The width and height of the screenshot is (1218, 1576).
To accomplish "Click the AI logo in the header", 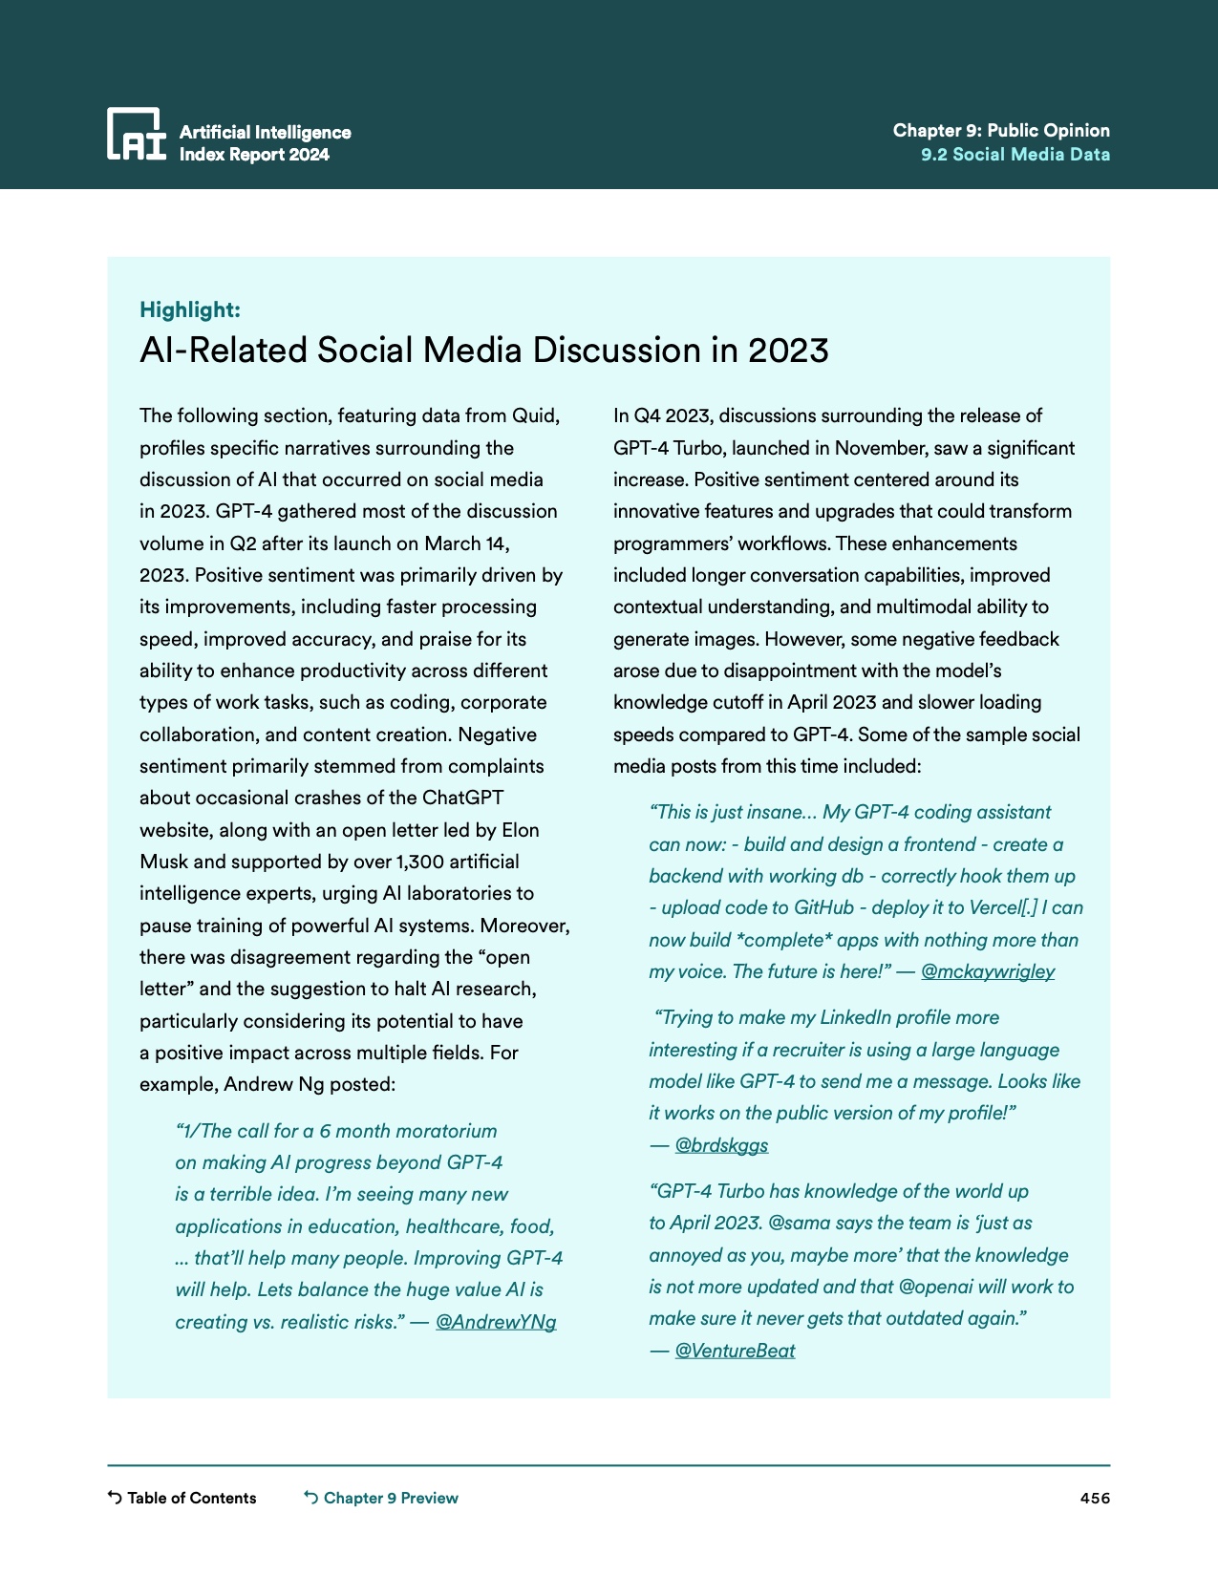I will click(136, 134).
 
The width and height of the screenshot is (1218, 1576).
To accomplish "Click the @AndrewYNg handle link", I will click(496, 1322).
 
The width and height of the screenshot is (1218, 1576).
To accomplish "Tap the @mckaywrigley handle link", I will click(988, 971).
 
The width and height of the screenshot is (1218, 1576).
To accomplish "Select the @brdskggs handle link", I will click(721, 1145).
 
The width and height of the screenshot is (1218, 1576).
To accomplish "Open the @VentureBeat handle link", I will click(735, 1351).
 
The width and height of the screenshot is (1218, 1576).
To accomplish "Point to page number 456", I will click(1095, 1498).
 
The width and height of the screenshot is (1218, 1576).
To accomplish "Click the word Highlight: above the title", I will click(190, 309).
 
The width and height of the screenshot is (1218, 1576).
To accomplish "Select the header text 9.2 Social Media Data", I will click(1015, 155).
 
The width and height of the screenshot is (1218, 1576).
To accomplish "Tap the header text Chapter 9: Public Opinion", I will click(1001, 131).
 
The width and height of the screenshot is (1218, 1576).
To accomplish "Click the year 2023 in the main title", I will click(788, 351).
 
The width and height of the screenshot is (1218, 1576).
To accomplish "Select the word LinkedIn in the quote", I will click(863, 1018).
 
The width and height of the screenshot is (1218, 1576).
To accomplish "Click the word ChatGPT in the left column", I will click(462, 799).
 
